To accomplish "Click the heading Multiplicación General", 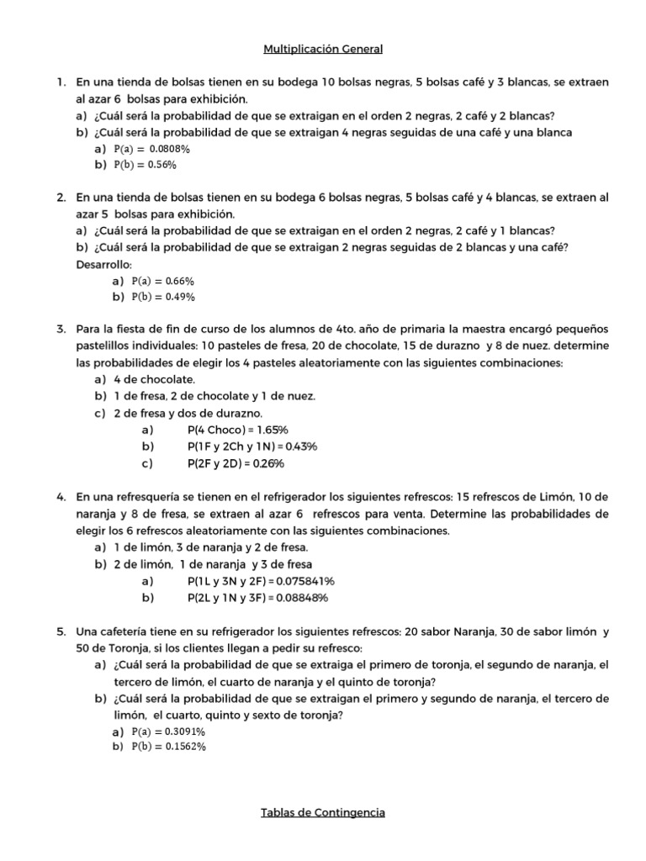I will click(x=323, y=50).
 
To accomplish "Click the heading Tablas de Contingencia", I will click(x=323, y=812).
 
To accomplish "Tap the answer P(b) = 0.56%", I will click(x=144, y=165).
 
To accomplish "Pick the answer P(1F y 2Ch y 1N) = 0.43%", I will click(x=252, y=446).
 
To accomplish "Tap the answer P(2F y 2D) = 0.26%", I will click(x=237, y=462).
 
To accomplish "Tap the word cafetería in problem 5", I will click(x=120, y=631).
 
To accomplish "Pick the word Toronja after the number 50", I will click(x=113, y=648).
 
